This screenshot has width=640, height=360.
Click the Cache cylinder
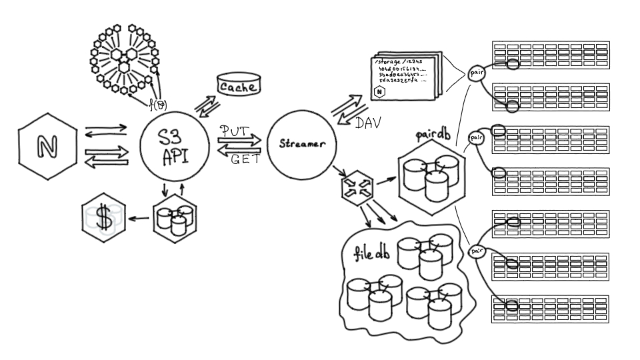(239, 86)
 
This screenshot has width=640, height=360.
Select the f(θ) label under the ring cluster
(158, 104)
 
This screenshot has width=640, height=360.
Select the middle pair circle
(476, 138)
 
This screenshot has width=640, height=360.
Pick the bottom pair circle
(477, 251)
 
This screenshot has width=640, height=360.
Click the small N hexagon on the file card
(379, 92)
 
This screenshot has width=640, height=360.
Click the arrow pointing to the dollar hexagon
(139, 218)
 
